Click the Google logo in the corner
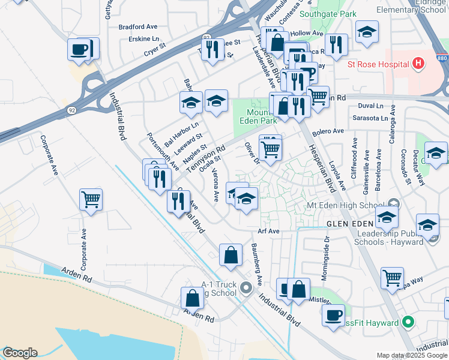pyautogui.click(x=19, y=353)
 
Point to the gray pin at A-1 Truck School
pyautogui.click(x=246, y=289)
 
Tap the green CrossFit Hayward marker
pyautogui.click(x=409, y=323)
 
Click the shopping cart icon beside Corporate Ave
pyautogui.click(x=91, y=198)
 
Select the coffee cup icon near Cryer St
pyautogui.click(x=79, y=49)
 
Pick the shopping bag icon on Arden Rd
pyautogui.click(x=192, y=298)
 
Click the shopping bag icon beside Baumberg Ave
pyautogui.click(x=231, y=255)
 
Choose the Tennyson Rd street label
pyautogui.click(x=205, y=159)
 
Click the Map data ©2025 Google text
pyautogui.click(x=412, y=355)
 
